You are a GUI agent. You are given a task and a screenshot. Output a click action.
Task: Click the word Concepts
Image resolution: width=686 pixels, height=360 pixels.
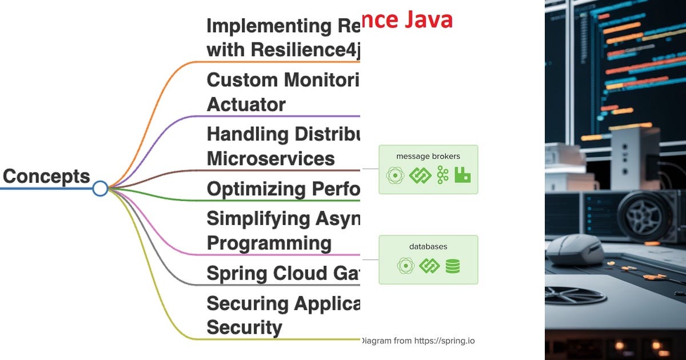coord(46,177)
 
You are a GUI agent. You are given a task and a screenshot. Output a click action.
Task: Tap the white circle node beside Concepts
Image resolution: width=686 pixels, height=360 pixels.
coord(100,188)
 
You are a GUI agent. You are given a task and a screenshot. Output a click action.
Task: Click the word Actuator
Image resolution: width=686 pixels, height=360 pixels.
coord(246,105)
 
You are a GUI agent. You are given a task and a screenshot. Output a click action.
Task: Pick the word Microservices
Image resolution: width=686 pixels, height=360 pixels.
coord(270,158)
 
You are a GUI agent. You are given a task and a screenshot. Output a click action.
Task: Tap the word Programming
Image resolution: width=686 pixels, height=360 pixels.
coord(269,243)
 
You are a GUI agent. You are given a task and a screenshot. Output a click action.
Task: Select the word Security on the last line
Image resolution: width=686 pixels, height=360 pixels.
coord(244,327)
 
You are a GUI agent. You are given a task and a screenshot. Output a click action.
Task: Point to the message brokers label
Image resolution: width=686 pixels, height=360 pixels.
coord(428,156)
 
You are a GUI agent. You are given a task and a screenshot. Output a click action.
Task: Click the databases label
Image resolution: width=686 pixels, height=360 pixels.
coord(428,246)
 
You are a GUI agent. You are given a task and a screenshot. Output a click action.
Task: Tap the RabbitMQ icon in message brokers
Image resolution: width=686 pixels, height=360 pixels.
coord(462,175)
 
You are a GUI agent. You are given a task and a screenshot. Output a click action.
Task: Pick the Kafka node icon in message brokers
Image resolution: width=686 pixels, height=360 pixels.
coord(442,175)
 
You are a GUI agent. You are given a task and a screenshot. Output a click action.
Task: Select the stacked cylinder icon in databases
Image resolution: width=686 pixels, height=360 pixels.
coord(453,266)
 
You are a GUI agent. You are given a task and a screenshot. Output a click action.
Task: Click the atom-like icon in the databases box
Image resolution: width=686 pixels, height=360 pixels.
coord(405,266)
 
